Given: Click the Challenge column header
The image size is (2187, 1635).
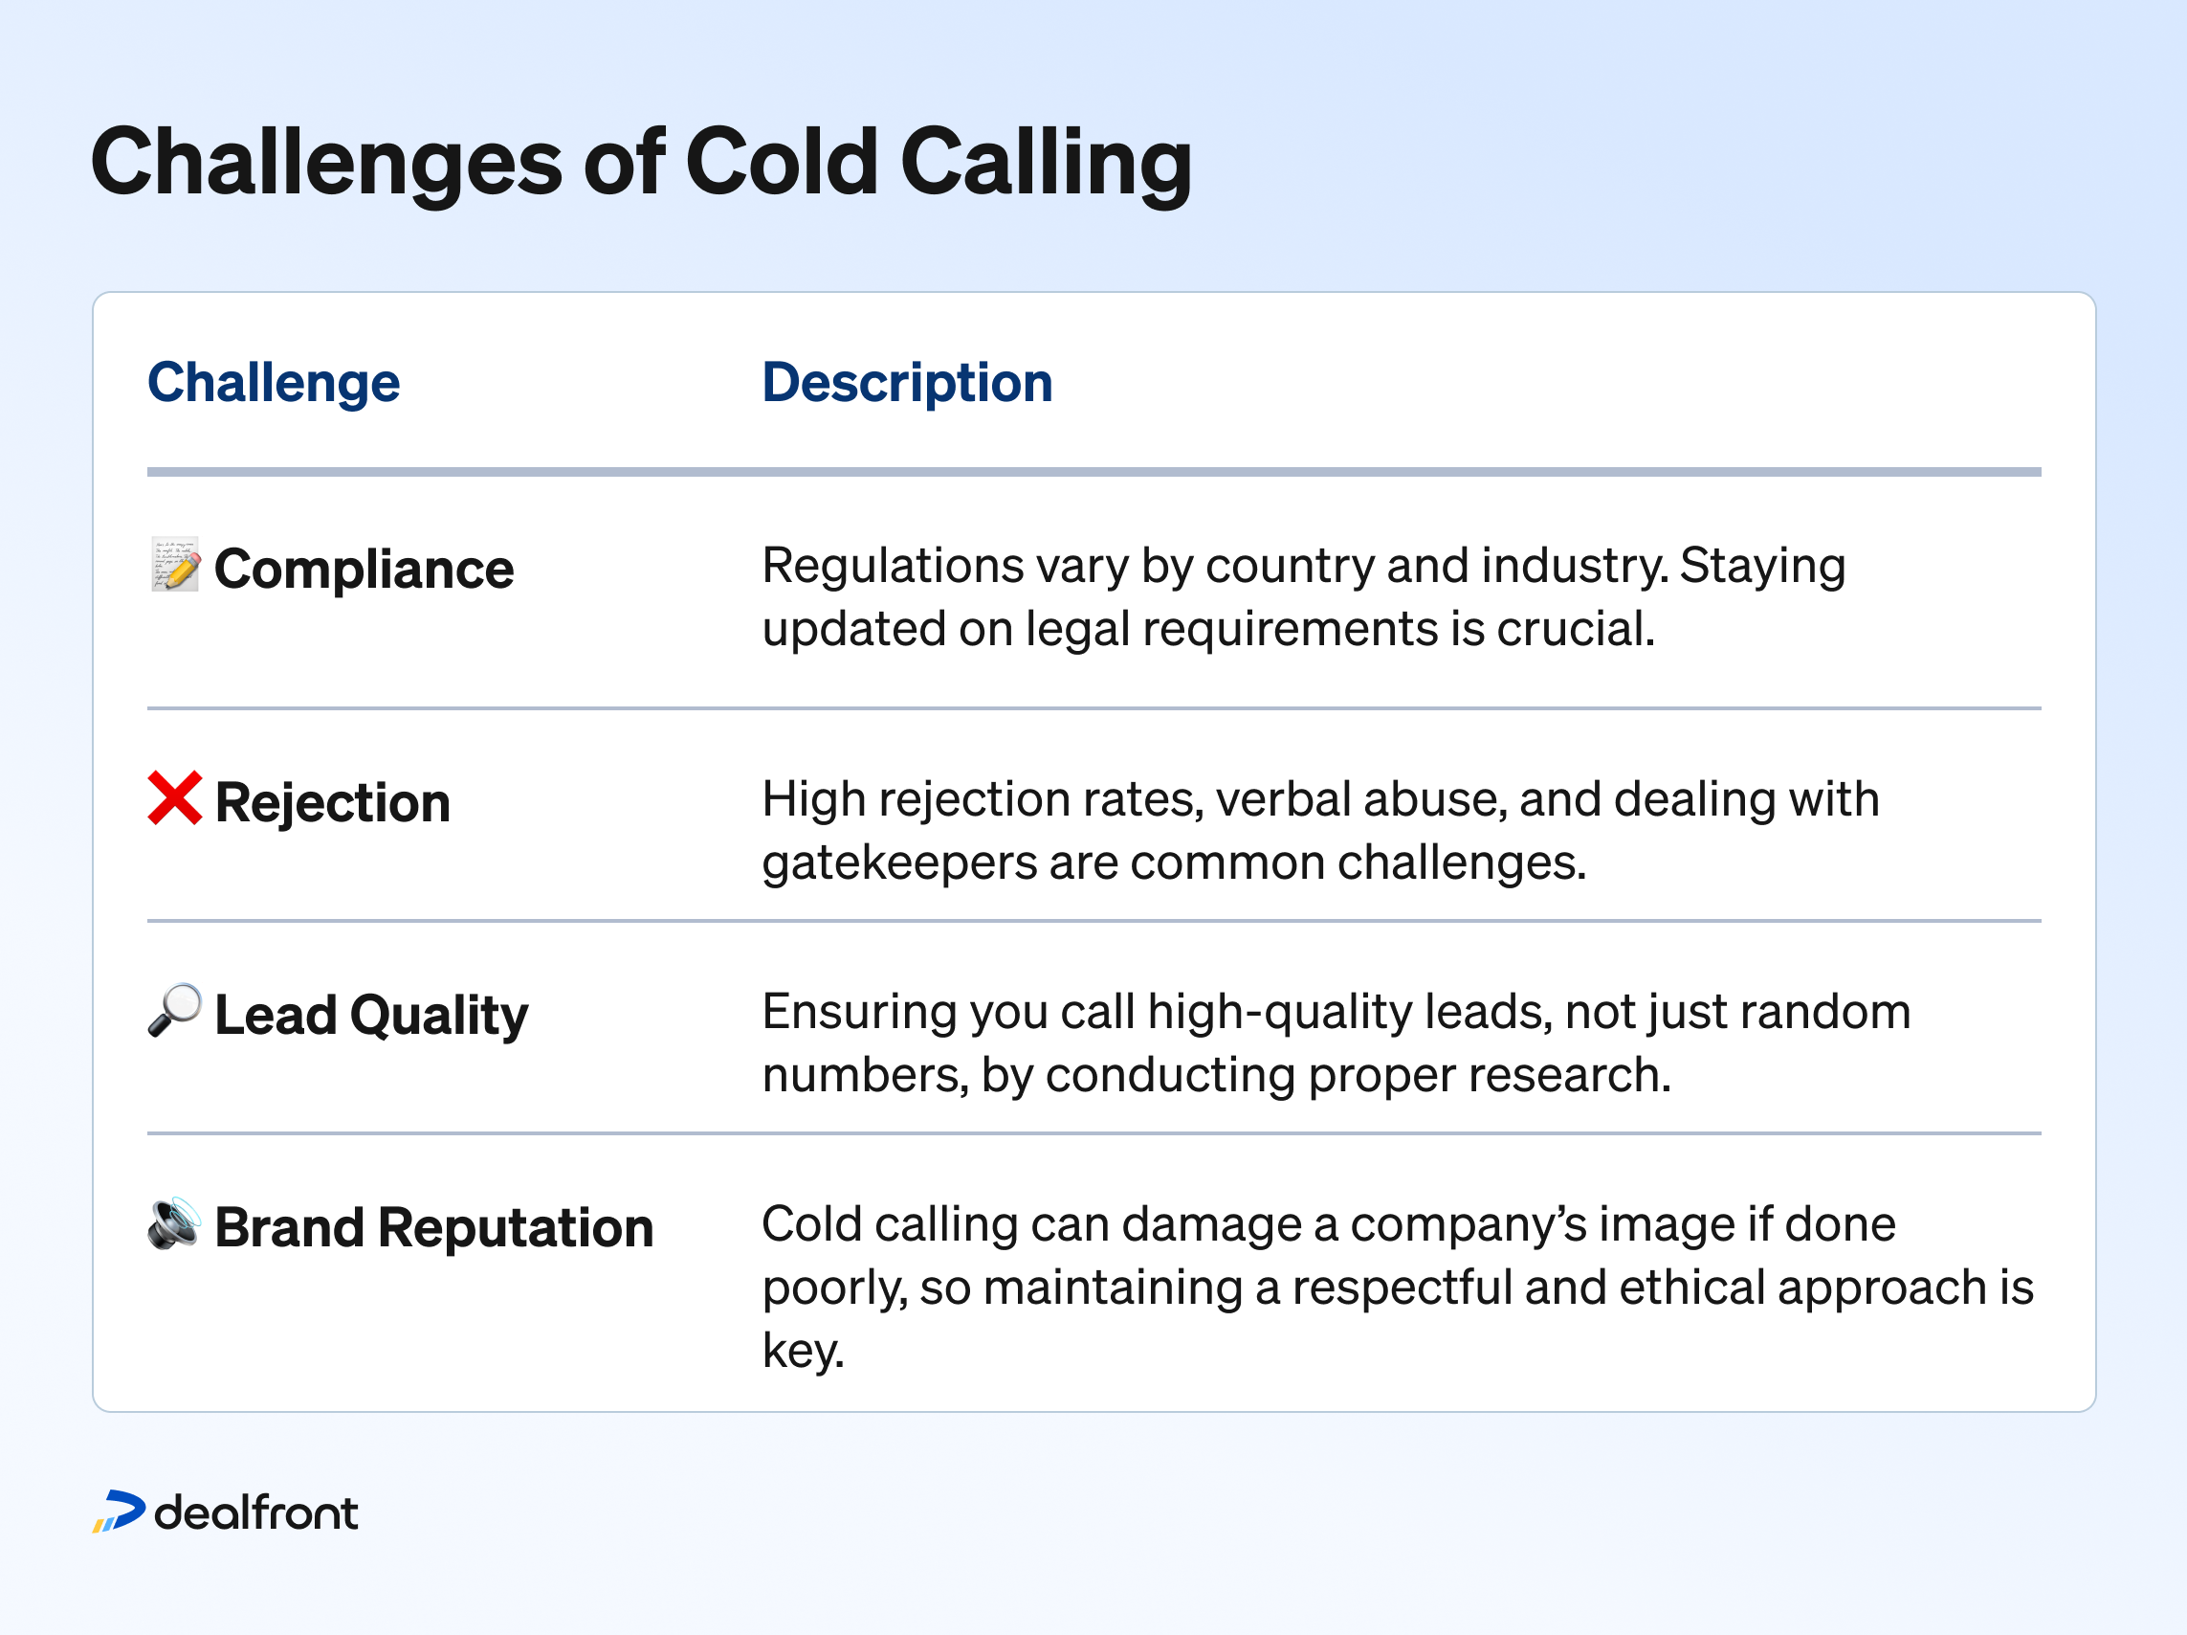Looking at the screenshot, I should [x=273, y=383].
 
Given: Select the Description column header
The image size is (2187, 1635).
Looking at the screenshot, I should [x=907, y=383].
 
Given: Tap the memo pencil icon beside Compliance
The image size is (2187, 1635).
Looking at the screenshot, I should [x=175, y=565].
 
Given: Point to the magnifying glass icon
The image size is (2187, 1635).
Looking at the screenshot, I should [x=175, y=1010].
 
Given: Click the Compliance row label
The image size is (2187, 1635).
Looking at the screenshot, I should [x=363, y=570].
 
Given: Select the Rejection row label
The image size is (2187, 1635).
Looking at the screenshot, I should [x=332, y=802].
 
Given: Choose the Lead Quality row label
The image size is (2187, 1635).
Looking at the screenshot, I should [x=371, y=1015].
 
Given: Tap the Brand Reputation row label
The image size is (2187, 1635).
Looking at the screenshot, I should [x=433, y=1227].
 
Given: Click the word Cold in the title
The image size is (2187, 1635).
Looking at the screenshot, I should [x=781, y=161].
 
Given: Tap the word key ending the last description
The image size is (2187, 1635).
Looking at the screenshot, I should [x=802, y=1350].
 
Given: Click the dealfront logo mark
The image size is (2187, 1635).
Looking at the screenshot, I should [x=119, y=1512].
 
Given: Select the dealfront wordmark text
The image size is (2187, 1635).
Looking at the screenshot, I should [x=256, y=1512].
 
